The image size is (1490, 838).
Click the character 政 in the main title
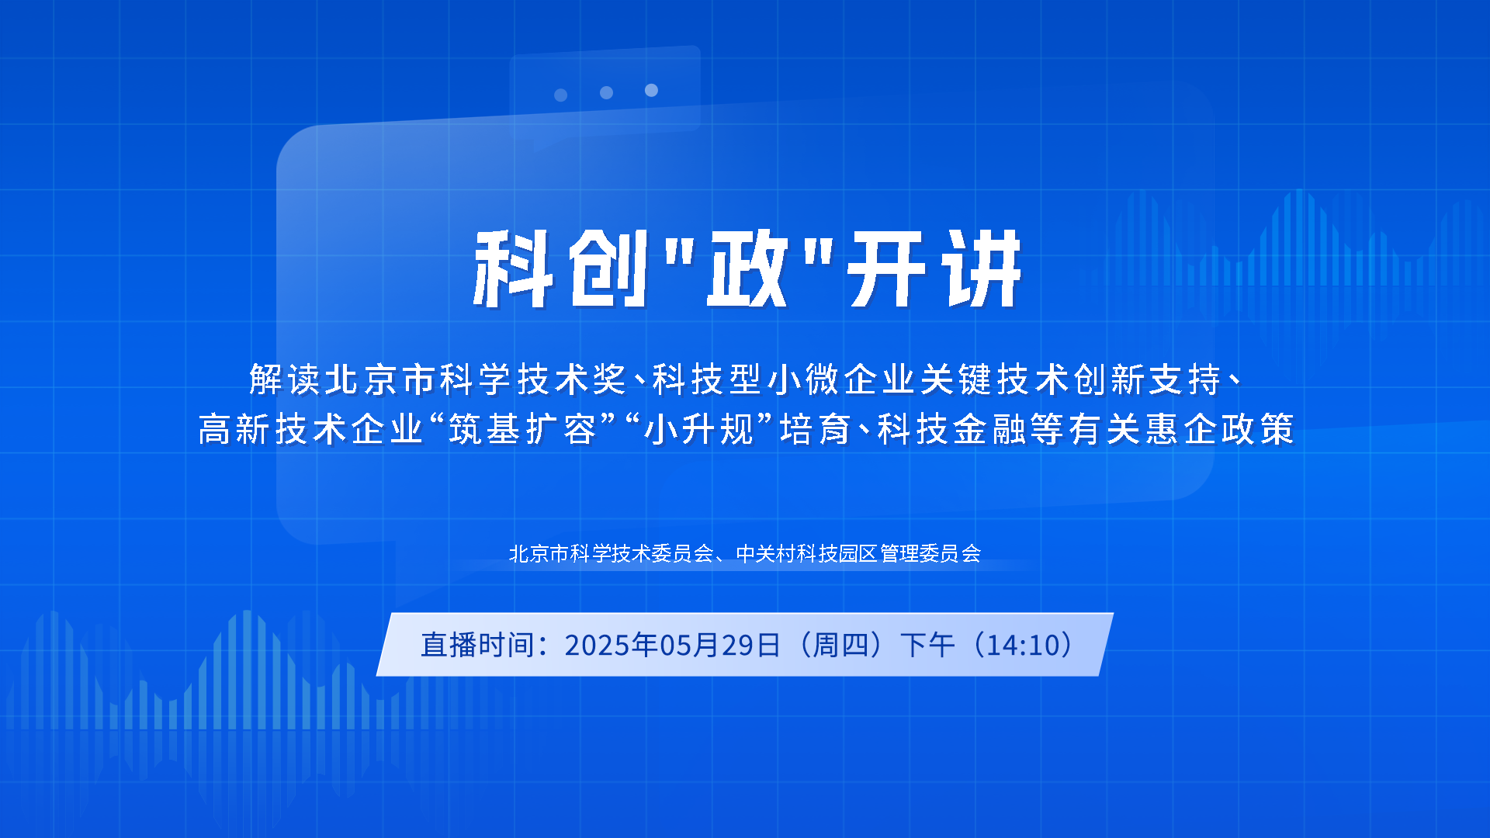tap(747, 268)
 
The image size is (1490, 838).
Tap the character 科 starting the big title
tap(514, 268)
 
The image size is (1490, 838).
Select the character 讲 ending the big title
tap(981, 268)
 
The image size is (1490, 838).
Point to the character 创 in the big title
tap(608, 268)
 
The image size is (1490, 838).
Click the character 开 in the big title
tap(886, 268)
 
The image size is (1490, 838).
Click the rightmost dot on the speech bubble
tap(651, 90)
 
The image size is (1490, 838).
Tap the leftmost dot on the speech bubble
tap(560, 95)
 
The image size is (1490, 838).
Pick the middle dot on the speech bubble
tap(606, 92)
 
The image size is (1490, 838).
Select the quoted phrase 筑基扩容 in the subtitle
tap(522, 429)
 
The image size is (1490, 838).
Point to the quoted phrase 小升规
tap(699, 429)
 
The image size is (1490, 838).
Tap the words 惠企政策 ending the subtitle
tap(1220, 429)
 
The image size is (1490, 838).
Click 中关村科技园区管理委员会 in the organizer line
tap(858, 553)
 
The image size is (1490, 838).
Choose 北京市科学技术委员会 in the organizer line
tap(612, 553)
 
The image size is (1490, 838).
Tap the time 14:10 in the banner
tap(1028, 645)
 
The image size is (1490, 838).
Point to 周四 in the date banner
tap(842, 645)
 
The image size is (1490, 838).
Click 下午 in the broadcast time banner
tap(927, 645)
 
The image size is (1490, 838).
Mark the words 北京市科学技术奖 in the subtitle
tap(476, 379)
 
